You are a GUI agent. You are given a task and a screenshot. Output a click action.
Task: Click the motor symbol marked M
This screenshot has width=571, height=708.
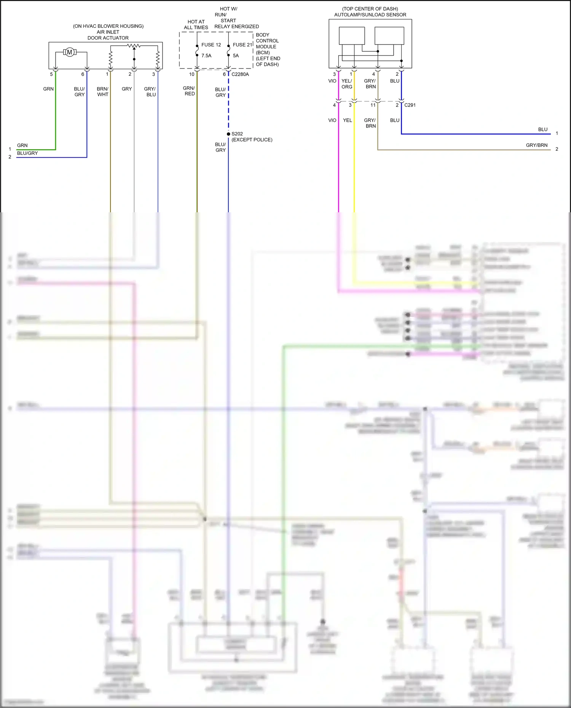click(x=69, y=52)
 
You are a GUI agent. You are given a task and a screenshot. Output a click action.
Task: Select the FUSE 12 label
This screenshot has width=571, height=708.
click(x=211, y=45)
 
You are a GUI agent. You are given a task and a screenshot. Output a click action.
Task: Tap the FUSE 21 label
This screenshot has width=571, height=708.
click(x=242, y=45)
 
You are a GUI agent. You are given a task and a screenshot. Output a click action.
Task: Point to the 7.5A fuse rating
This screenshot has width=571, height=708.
click(x=206, y=56)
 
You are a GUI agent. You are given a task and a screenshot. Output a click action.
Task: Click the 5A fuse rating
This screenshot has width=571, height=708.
click(x=236, y=56)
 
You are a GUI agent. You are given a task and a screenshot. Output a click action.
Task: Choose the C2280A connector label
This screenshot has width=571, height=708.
click(x=240, y=74)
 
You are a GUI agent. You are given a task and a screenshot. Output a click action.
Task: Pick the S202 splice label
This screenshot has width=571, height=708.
click(x=237, y=134)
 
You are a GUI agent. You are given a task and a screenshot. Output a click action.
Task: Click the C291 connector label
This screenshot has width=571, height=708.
click(x=410, y=105)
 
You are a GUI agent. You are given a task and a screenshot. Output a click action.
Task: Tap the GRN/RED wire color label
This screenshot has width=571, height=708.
click(x=189, y=91)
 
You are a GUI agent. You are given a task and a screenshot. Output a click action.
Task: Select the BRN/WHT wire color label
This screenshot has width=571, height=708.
click(x=103, y=92)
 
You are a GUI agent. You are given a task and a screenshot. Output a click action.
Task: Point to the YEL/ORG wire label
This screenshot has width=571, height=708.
click(x=347, y=84)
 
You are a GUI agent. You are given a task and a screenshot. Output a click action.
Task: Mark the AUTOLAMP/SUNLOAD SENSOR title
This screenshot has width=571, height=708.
click(x=370, y=15)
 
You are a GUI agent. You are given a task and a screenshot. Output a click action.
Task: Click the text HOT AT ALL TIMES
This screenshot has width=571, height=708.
click(x=196, y=25)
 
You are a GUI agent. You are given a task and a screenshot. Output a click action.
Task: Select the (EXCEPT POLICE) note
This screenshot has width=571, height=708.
click(x=252, y=140)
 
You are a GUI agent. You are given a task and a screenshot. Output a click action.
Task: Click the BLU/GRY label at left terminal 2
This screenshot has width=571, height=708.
click(x=27, y=153)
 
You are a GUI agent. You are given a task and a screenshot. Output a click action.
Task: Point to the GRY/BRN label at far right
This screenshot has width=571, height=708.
click(x=537, y=145)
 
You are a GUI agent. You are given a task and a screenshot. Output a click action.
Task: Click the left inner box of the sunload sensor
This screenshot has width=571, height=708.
click(x=352, y=36)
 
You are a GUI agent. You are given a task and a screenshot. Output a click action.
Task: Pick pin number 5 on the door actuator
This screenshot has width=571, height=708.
click(x=51, y=74)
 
